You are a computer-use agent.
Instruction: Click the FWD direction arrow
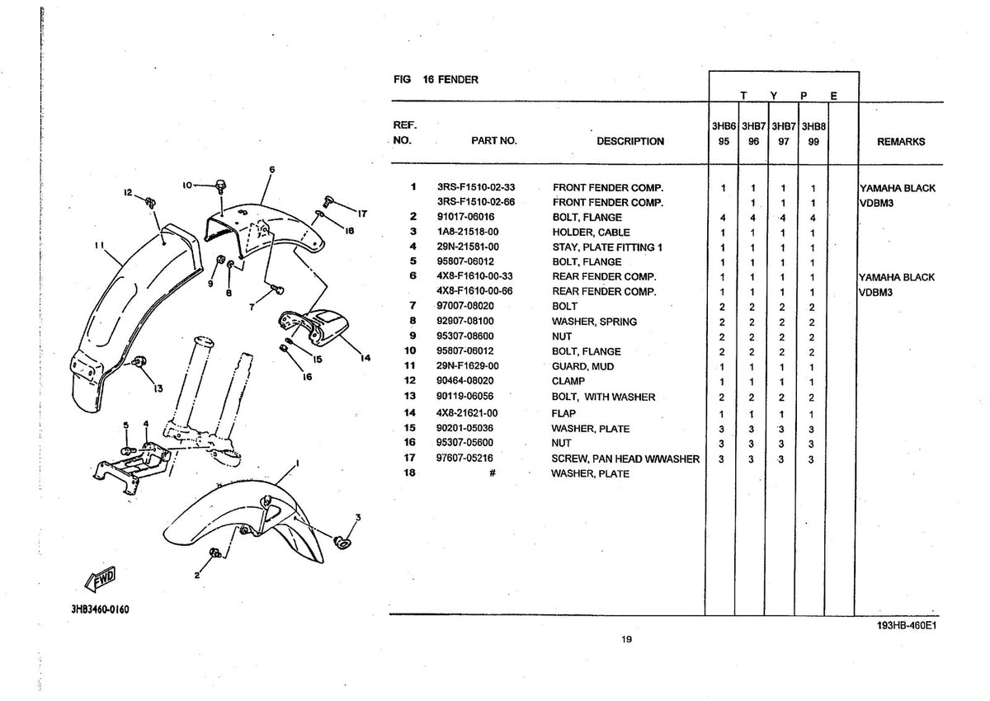101,579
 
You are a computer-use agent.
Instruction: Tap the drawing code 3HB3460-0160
101,609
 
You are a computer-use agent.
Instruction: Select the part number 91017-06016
465,217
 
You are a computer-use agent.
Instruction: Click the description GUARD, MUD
582,366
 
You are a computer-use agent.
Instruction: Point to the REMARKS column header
901,142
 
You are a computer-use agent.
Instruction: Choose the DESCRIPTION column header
630,141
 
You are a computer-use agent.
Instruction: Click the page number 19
626,639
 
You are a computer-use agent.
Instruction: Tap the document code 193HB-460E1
907,625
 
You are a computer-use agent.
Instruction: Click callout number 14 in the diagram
365,358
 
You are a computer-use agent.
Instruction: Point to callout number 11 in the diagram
99,245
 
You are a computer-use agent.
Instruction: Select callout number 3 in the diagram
358,517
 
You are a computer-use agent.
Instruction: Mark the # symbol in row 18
493,473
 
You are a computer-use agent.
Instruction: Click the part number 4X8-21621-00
467,413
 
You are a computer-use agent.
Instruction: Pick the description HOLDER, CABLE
591,232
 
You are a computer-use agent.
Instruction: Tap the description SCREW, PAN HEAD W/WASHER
625,459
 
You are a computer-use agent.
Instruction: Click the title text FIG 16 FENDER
436,79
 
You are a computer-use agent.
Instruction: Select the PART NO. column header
493,141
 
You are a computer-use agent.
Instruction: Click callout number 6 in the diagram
271,170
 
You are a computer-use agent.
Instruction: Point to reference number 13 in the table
410,396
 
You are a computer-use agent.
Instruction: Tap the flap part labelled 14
313,327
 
